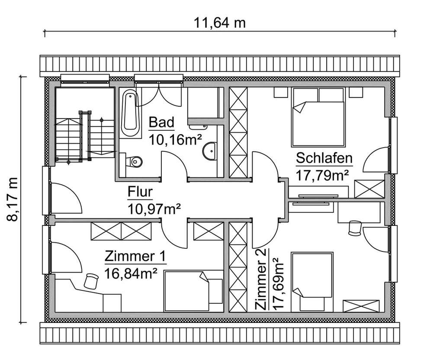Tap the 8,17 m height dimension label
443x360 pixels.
13,199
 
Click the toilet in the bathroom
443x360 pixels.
134,161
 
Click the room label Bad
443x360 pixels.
161,122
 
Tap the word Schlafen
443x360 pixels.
324,158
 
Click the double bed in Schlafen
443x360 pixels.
318,117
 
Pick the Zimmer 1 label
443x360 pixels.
135,257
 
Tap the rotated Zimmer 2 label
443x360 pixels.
261,279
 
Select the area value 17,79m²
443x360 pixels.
323,176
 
